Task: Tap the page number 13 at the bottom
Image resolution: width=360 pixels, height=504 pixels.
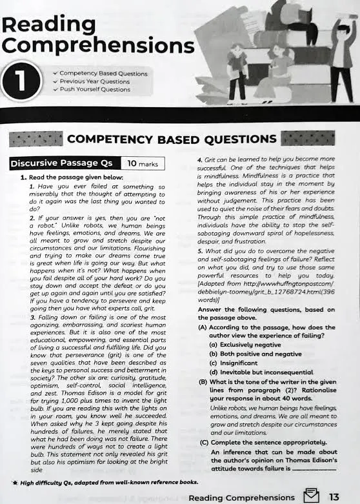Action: [333, 496]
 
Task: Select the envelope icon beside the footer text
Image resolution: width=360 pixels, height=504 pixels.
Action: [312, 496]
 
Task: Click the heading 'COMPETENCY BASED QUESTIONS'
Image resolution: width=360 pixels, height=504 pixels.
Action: [172, 139]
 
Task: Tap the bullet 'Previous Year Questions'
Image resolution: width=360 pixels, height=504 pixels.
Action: [94, 82]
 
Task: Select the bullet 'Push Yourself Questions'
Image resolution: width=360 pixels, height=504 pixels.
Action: [94, 90]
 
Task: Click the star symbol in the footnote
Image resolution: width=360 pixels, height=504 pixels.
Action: [15, 483]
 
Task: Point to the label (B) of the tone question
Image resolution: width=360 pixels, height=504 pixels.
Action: [203, 382]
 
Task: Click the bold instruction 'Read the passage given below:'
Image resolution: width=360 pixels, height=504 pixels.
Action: [75, 177]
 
